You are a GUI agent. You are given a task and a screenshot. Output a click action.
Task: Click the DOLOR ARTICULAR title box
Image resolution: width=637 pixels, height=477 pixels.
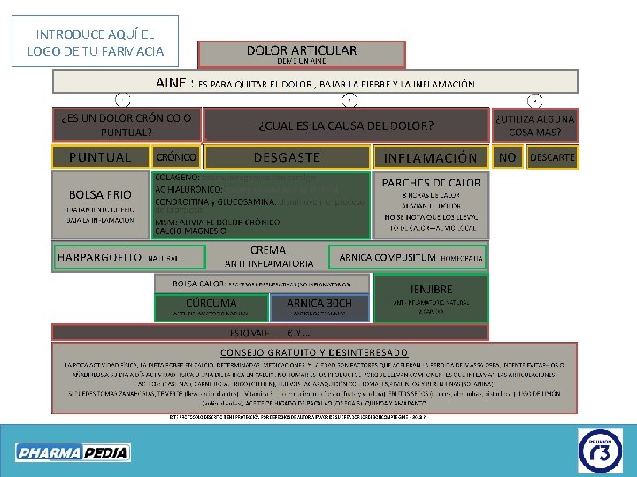pyautogui.click(x=302, y=53)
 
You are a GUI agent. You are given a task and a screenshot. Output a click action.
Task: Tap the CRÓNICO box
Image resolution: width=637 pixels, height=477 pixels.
pyautogui.click(x=175, y=157)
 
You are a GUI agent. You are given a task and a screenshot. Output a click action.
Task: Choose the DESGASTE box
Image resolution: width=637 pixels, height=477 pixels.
pyautogui.click(x=287, y=157)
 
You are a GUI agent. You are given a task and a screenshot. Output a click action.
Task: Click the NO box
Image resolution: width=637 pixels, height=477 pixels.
pyautogui.click(x=507, y=157)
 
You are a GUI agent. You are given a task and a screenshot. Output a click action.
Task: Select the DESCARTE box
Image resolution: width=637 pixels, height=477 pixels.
pyautogui.click(x=552, y=157)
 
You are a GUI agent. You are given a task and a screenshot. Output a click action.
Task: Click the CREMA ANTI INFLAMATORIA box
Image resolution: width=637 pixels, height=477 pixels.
pyautogui.click(x=268, y=257)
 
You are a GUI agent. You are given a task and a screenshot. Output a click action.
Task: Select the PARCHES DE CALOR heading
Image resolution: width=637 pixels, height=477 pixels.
pyautogui.click(x=431, y=183)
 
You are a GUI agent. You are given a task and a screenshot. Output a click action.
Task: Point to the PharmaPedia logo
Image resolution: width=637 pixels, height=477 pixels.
pyautogui.click(x=73, y=452)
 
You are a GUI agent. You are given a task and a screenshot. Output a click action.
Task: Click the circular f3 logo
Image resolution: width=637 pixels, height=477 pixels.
pyautogui.click(x=601, y=451)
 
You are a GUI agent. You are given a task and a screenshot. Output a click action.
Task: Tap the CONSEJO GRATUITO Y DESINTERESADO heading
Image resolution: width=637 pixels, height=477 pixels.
pyautogui.click(x=316, y=352)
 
